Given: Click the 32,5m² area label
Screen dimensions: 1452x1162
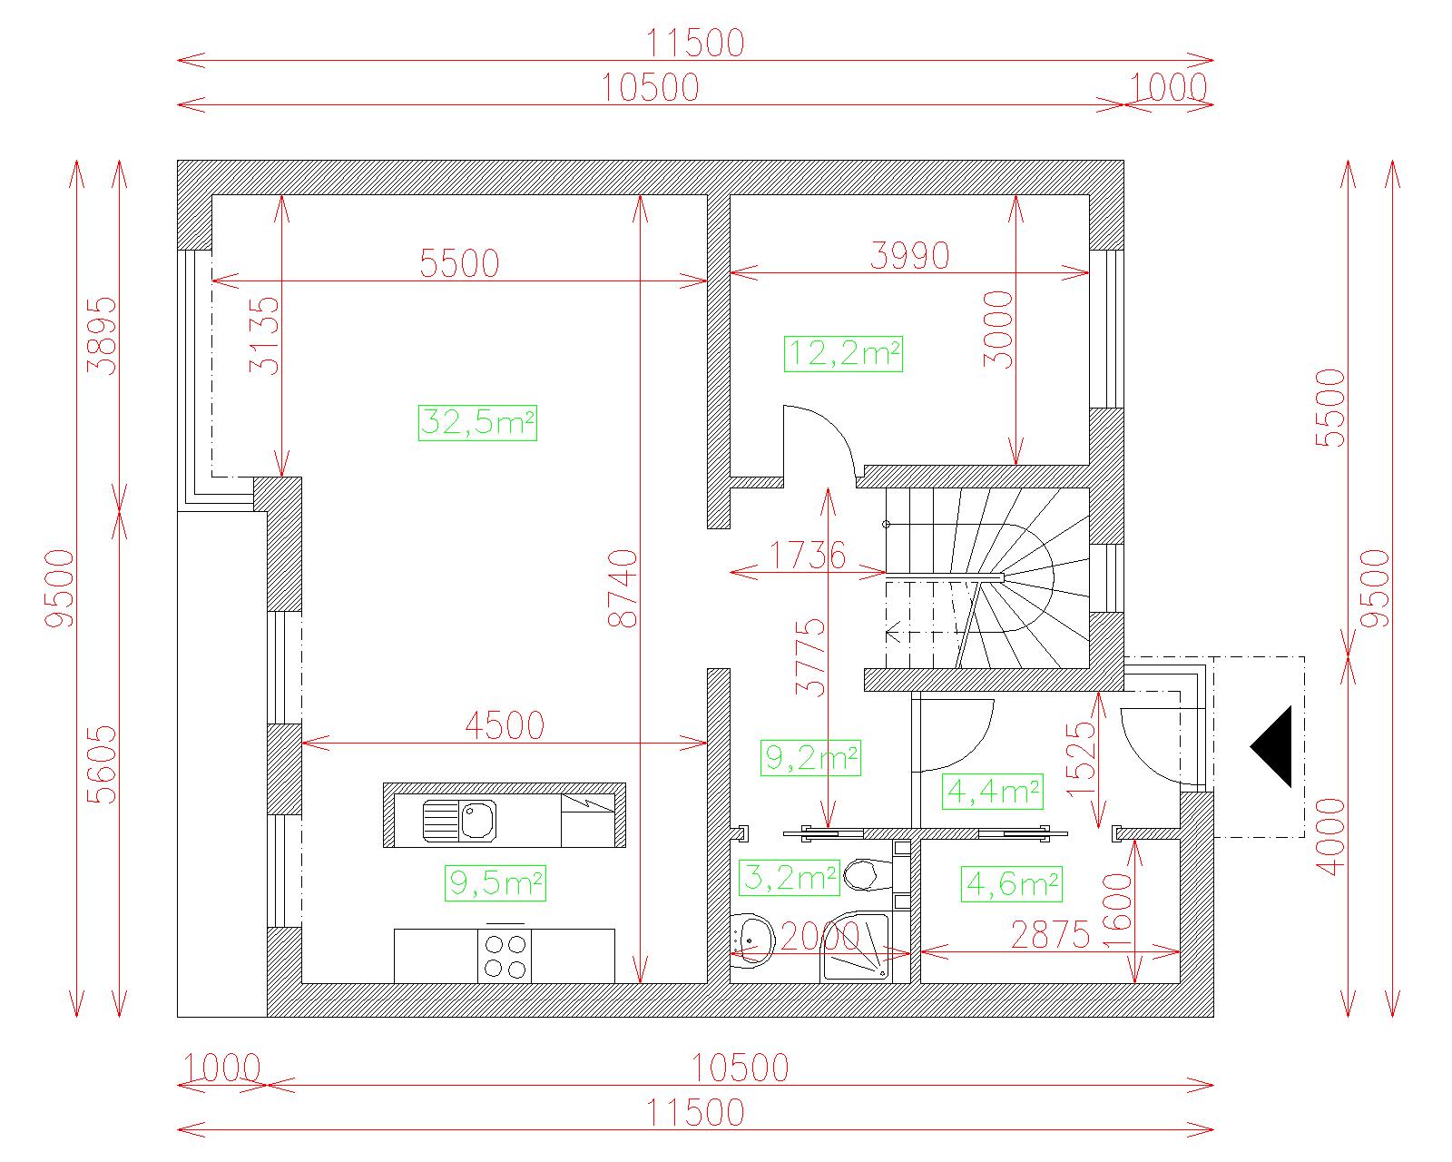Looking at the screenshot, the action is [477, 423].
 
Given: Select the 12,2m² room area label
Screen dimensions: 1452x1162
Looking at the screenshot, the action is [843, 354].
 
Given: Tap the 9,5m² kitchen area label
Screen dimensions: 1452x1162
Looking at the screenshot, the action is [495, 883].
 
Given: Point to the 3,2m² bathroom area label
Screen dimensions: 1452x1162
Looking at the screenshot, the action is [790, 878].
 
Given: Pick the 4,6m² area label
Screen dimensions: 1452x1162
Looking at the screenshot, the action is [1011, 884].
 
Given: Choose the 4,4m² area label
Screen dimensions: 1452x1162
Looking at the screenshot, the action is [993, 792].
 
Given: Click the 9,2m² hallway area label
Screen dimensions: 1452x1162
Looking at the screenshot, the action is [810, 757].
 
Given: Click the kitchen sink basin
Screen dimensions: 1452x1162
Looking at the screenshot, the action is [477, 821].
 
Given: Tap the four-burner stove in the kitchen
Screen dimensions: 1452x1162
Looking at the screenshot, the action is [505, 955].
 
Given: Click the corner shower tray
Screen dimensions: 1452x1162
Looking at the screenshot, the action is [855, 948].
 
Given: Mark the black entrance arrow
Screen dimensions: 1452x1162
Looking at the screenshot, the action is [1270, 747].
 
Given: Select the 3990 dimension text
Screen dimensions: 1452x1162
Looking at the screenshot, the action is [909, 256].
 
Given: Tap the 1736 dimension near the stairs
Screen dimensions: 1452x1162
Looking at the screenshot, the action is [807, 556].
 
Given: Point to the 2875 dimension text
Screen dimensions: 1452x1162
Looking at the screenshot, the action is [1051, 934].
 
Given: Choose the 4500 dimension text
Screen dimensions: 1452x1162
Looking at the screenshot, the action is [504, 726].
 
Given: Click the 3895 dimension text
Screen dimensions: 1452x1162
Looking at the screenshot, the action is [102, 336].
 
